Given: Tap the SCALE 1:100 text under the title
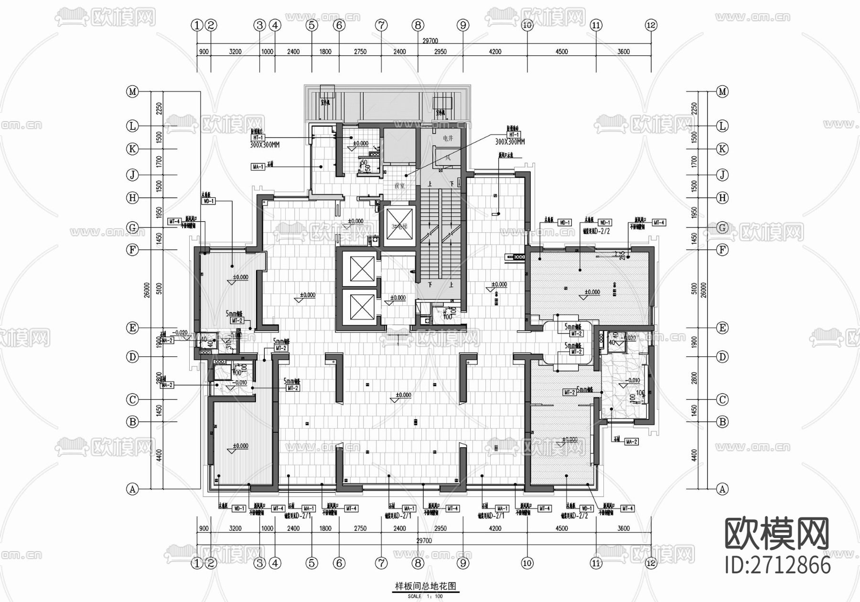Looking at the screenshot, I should point(425,596).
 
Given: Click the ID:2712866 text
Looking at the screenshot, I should point(778,565).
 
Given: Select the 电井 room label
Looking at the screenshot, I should point(448,138).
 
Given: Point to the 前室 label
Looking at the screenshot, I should point(399,185).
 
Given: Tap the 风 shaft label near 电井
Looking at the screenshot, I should point(448,158).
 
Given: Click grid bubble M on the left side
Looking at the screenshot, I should point(132,91).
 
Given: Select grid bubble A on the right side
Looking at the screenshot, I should point(722,489).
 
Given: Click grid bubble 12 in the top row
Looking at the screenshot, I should point(651,25).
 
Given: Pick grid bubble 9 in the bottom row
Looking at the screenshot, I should point(463,563).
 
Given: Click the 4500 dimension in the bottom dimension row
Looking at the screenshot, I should point(561,528).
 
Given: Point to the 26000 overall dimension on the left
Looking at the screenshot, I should point(147,290).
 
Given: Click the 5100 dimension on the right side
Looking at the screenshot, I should point(694,289).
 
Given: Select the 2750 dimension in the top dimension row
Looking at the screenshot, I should point(360,52).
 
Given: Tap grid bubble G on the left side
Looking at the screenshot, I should point(132,227).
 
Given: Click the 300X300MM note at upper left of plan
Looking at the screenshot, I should point(265,144).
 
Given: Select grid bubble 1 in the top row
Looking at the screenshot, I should point(197,25).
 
